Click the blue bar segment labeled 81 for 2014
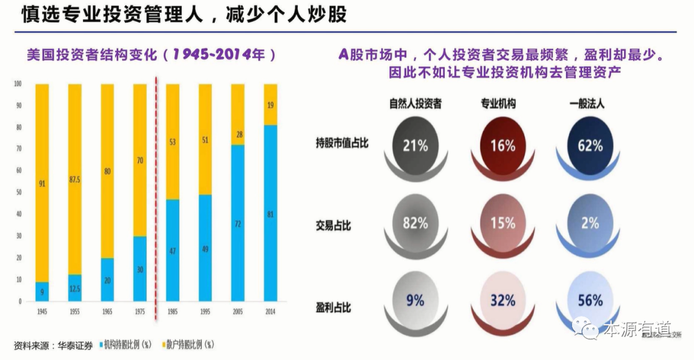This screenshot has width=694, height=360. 271,213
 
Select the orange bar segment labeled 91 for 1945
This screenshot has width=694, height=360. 42,183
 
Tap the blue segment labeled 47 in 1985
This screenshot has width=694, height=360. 173,250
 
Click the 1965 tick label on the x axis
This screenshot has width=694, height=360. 107,310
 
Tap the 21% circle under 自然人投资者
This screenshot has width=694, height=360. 415,145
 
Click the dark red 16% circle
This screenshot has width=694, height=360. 503,145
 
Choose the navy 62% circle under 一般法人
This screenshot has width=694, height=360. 589,145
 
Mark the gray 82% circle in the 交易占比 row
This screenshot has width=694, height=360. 415,222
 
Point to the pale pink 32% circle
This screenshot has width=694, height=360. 503,300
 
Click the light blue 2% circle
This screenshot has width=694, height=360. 589,222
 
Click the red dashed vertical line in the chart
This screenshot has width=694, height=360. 157,193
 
